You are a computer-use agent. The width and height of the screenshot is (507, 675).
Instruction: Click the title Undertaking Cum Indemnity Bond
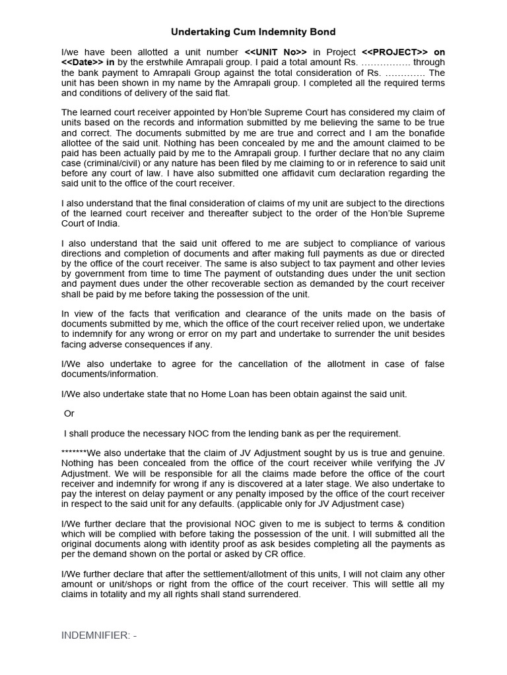pyautogui.click(x=253, y=32)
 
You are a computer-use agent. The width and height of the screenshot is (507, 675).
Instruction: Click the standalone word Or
pyautogui.click(x=69, y=413)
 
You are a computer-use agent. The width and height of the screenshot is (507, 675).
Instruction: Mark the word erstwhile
pyautogui.click(x=141, y=63)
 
